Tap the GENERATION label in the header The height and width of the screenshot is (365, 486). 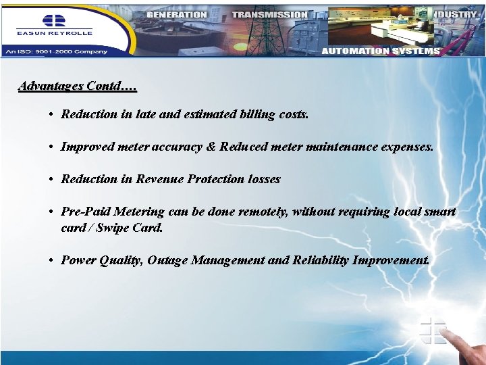coord(176,14)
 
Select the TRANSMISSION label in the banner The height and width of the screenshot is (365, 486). coord(269,14)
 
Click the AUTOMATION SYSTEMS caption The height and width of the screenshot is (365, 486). coord(381,51)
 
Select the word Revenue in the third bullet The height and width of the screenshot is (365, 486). coord(160,179)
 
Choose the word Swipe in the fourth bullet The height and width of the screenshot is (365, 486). coord(114,228)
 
